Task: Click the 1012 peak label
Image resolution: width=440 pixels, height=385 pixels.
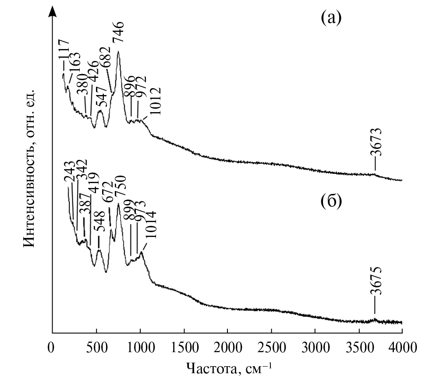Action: pyautogui.click(x=155, y=101)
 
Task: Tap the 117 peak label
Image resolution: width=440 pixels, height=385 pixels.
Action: pyautogui.click(x=64, y=51)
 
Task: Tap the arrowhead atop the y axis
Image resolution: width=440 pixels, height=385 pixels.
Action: pyautogui.click(x=53, y=11)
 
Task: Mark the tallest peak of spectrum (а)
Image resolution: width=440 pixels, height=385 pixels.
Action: pyautogui.click(x=118, y=52)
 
